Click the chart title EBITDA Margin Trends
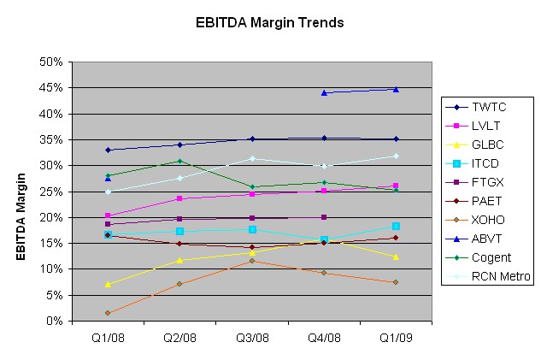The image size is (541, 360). tap(270, 22)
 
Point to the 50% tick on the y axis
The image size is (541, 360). tap(55, 62)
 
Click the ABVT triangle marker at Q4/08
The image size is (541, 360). tap(324, 92)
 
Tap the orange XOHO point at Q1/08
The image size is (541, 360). tap(109, 313)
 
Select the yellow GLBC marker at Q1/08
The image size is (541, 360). tap(109, 284)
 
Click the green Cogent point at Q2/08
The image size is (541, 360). tap(180, 161)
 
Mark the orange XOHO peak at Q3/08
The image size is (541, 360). tap(252, 261)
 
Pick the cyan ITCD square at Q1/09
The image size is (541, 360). tap(396, 226)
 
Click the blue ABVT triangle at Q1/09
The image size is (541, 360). tap(396, 89)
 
